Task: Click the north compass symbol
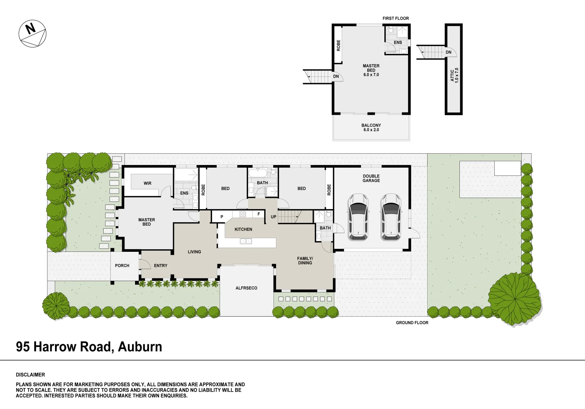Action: [32, 33]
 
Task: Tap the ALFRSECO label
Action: [246, 288]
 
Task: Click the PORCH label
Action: [122, 266]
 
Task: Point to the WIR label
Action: [148, 184]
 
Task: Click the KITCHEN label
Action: [243, 229]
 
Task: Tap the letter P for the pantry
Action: [222, 217]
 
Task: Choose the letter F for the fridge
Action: [259, 214]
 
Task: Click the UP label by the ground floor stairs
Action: [274, 217]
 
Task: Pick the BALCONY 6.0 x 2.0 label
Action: [371, 128]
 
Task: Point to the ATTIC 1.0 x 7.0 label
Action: [454, 75]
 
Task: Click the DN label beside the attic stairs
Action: [448, 52]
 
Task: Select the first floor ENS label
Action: [398, 43]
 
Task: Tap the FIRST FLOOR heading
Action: [396, 19]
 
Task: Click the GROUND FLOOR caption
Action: [412, 323]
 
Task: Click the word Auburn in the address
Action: [140, 347]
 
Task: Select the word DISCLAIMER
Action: [30, 375]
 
